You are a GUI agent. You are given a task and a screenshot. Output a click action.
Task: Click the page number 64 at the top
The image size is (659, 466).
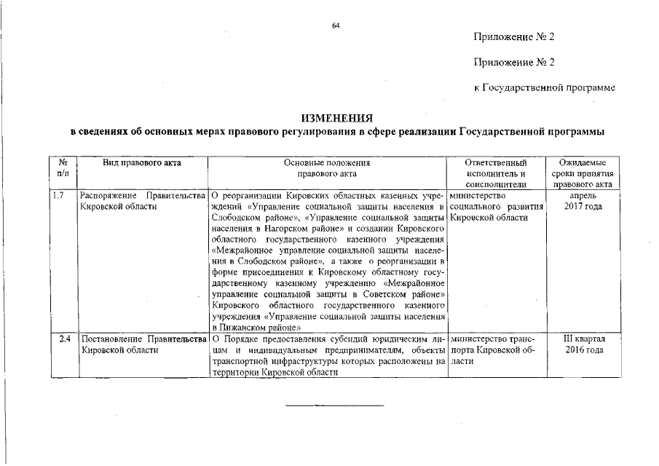[336, 25]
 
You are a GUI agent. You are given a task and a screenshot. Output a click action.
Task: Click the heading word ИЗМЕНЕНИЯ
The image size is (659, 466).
[337, 117]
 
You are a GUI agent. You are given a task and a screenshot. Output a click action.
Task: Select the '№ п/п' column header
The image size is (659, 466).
[63, 168]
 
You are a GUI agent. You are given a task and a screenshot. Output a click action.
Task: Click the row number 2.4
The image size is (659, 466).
[63, 339]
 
